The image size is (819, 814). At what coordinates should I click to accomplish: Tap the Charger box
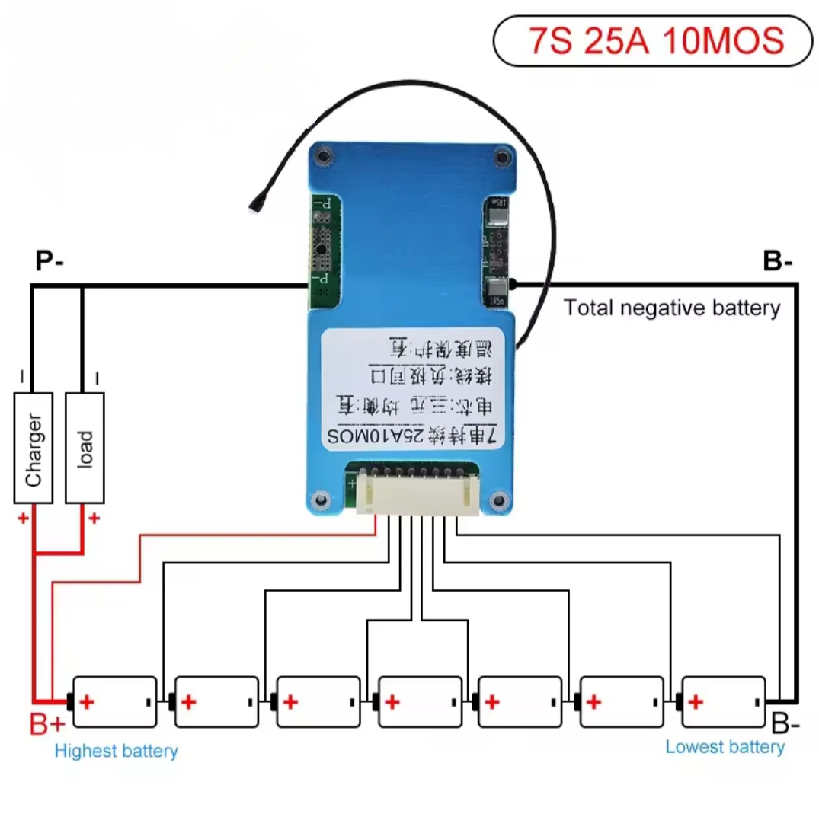pos(34,448)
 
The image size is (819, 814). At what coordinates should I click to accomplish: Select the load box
pos(85,448)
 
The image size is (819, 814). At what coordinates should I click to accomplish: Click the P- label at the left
pos(50,262)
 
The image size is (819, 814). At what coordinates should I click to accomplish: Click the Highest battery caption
pos(116,752)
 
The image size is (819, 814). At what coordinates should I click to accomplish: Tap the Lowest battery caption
pos(725,747)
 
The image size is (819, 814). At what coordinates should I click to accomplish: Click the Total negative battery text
pos(672,308)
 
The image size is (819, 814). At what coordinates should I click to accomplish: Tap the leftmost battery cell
pos(114,701)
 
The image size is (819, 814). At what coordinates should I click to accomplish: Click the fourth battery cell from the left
pos(420,701)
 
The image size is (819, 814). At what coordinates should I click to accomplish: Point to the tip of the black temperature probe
pos(254,205)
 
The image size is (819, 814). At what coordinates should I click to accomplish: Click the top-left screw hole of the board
pos(324,158)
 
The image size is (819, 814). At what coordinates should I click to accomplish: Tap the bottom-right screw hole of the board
pos(500,500)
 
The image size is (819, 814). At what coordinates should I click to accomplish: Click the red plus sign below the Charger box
pos(23,519)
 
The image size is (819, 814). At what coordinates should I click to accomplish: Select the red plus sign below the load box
pos(94,519)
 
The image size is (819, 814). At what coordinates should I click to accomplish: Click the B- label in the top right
pos(777,262)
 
